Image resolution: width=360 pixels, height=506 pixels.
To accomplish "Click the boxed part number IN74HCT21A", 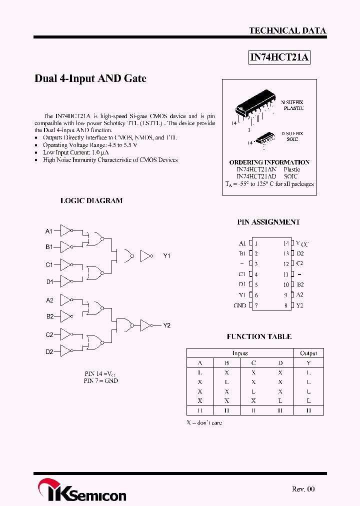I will click(280, 57).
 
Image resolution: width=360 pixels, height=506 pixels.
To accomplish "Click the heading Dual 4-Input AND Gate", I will click(90, 78).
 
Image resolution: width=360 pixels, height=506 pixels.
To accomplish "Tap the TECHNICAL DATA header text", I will click(287, 30).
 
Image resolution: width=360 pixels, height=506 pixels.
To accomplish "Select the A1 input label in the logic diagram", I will click(49, 231).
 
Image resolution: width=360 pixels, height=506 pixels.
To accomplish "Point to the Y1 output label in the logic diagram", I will click(167, 256).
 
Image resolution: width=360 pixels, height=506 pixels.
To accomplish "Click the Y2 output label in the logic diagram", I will click(167, 325).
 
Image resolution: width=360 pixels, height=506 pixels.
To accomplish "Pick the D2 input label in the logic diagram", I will click(49, 351).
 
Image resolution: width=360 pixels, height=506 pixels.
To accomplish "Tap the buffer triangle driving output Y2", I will click(146, 325).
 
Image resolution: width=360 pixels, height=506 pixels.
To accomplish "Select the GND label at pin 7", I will click(240, 305).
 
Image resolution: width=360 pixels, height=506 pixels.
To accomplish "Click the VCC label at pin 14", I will click(302, 243).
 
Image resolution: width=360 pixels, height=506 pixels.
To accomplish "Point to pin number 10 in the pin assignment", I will click(286, 284).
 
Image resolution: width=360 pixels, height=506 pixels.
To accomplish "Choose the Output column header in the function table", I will click(308, 353).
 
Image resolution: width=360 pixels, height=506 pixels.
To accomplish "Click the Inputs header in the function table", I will click(240, 353).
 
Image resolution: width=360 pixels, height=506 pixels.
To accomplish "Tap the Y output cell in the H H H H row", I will click(308, 410).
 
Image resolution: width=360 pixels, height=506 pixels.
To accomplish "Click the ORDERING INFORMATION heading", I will click(269, 162).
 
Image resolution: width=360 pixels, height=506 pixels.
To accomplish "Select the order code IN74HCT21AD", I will click(256, 176).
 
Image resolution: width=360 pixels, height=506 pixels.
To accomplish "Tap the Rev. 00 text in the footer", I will click(303, 489).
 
